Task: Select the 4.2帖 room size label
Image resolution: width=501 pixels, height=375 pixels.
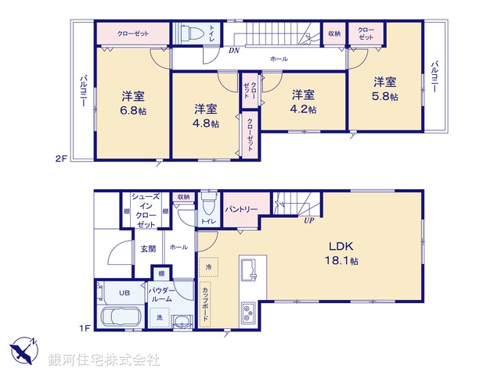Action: tap(305, 109)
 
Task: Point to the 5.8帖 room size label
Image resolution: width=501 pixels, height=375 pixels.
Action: tap(385, 96)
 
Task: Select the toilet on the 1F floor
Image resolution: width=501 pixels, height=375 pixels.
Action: tap(207, 206)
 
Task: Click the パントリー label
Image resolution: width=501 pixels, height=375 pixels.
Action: tap(242, 209)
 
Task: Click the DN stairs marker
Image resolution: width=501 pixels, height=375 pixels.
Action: tap(234, 52)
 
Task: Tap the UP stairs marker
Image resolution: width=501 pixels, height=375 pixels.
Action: tap(309, 221)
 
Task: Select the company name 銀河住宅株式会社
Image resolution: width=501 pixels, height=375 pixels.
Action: tap(103, 360)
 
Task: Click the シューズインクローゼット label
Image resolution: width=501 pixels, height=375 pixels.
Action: tap(145, 211)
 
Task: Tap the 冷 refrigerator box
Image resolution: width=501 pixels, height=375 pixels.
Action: tap(208, 266)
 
